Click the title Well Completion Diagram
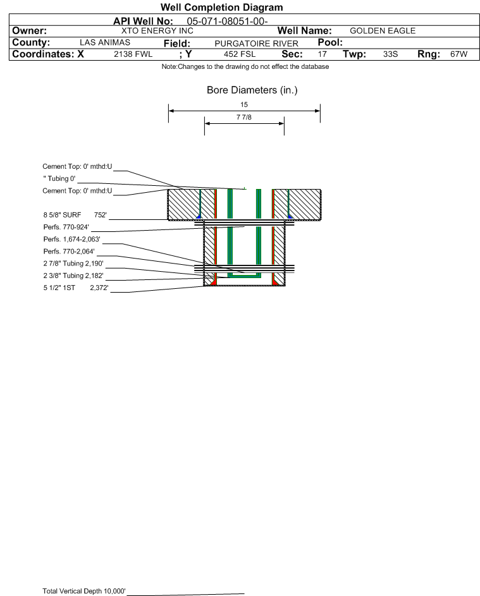pyautogui.click(x=221, y=8)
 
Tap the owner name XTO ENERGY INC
pyautogui.click(x=157, y=31)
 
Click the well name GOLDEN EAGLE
pyautogui.click(x=383, y=31)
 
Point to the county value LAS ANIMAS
pyautogui.click(x=105, y=42)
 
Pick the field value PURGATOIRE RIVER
pyautogui.click(x=247, y=43)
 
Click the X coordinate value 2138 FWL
pyautogui.click(x=133, y=54)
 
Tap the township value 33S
pyautogui.click(x=390, y=54)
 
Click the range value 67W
pyautogui.click(x=458, y=54)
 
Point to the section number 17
pyautogui.click(x=322, y=54)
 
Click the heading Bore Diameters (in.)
pyautogui.click(x=252, y=90)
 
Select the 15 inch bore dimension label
pyautogui.click(x=244, y=104)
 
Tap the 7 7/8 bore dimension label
pyautogui.click(x=244, y=118)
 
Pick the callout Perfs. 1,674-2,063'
pyautogui.click(x=71, y=240)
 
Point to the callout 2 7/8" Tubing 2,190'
pyautogui.click(x=73, y=264)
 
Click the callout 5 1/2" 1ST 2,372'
pyautogui.click(x=76, y=288)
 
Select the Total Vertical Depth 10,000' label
pyautogui.click(x=83, y=591)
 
